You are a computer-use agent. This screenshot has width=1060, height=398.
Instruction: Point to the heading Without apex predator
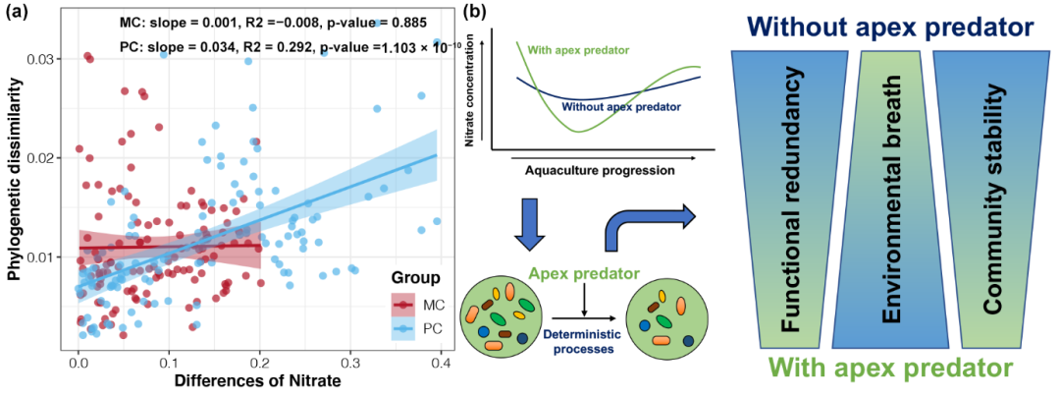point(891,28)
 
